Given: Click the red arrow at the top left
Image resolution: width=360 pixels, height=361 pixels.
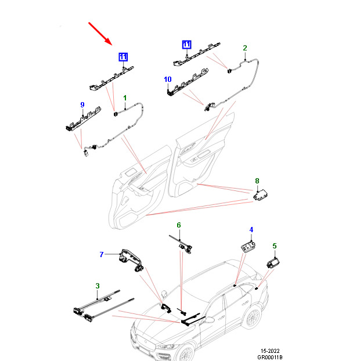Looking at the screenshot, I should pyautogui.click(x=100, y=34).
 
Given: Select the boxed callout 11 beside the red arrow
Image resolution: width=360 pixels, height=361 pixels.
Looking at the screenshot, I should pyautogui.click(x=123, y=56).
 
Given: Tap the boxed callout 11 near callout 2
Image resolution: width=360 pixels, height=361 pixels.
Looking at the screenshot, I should pyautogui.click(x=186, y=44).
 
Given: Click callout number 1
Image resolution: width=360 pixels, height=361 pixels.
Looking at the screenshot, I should pyautogui.click(x=124, y=100).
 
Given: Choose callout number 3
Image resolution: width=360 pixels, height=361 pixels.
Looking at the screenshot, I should pyautogui.click(x=98, y=286).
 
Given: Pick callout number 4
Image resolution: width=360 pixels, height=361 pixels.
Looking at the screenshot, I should pyautogui.click(x=251, y=230).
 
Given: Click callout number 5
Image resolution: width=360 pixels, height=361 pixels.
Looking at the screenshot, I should pyautogui.click(x=275, y=246).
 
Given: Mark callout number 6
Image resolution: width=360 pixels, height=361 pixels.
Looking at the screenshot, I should pyautogui.click(x=179, y=225).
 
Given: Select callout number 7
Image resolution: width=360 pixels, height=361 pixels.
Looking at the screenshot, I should pyautogui.click(x=101, y=254).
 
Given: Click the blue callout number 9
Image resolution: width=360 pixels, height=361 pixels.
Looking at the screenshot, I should pyautogui.click(x=82, y=104).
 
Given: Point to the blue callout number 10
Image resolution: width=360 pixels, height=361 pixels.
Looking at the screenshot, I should pyautogui.click(x=168, y=79).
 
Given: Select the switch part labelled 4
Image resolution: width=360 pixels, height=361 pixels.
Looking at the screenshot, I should pyautogui.click(x=249, y=246).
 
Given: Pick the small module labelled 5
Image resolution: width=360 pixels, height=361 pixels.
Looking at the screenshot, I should pyautogui.click(x=272, y=262).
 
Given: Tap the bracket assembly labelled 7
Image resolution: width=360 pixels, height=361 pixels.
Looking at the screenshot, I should pyautogui.click(x=131, y=258).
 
